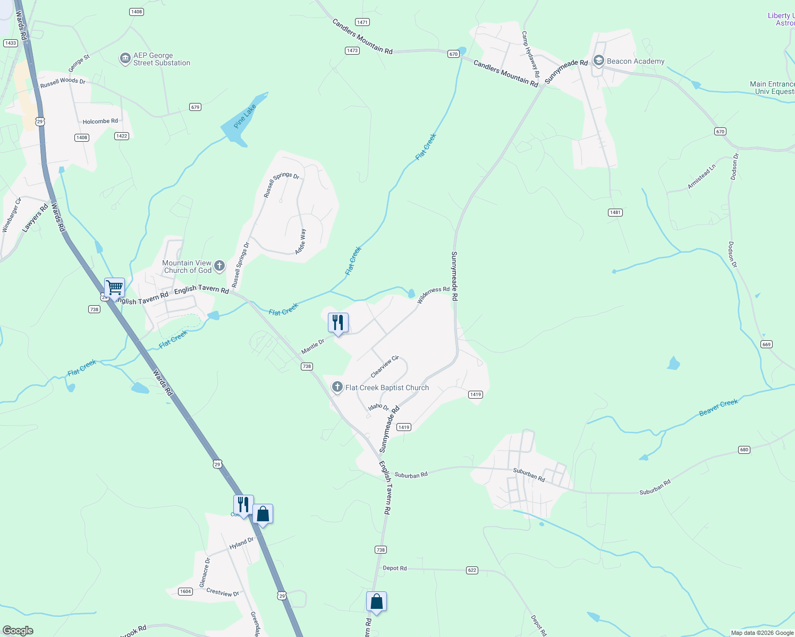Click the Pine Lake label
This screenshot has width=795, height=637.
click(245, 116)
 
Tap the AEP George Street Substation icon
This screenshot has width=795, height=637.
click(125, 58)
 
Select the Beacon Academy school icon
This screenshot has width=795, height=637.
click(598, 61)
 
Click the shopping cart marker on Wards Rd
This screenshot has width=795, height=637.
click(114, 288)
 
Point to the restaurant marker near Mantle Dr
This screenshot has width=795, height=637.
click(337, 323)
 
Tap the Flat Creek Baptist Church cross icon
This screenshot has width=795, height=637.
click(337, 388)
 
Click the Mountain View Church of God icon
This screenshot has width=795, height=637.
click(219, 266)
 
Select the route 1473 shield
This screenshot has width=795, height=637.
click(352, 50)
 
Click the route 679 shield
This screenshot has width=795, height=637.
click(195, 107)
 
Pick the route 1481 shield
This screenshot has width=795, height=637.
click(615, 212)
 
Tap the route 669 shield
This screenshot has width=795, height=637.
click(766, 344)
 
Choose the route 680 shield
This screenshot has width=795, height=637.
click(744, 450)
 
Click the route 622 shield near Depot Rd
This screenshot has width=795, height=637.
click(472, 570)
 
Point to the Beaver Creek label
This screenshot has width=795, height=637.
click(718, 408)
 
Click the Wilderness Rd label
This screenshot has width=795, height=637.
click(433, 295)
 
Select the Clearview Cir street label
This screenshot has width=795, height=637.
click(384, 367)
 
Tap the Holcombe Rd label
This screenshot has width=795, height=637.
click(100, 122)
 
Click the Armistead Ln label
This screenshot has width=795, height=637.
click(701, 177)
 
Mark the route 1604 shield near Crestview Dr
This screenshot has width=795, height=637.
click(185, 591)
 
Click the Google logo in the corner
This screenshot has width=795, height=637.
click(18, 631)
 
